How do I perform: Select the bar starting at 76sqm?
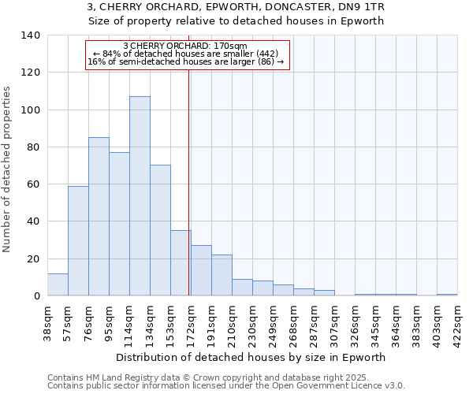coord(99,217)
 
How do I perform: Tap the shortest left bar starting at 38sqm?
coord(58,284)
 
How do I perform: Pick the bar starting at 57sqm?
coord(78,240)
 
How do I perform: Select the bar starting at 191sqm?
coord(222,275)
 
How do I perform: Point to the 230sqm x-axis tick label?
coord(253,323)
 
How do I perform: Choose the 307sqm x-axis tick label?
coord(335,323)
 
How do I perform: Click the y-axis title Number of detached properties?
coord(8,169)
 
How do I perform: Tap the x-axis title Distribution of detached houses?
coord(255,357)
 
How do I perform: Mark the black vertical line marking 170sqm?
coord(189,181)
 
